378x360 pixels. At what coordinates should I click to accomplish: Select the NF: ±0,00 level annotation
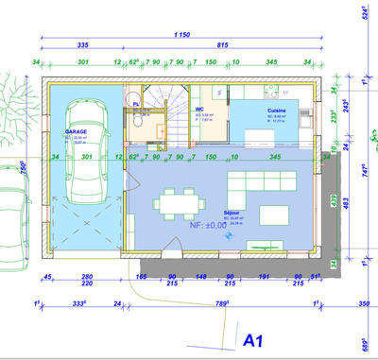[208, 226]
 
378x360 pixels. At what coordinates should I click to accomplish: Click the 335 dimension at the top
[82, 44]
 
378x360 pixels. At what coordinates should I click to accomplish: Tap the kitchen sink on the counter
[220, 93]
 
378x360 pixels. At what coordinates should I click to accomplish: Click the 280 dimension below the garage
[87, 276]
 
